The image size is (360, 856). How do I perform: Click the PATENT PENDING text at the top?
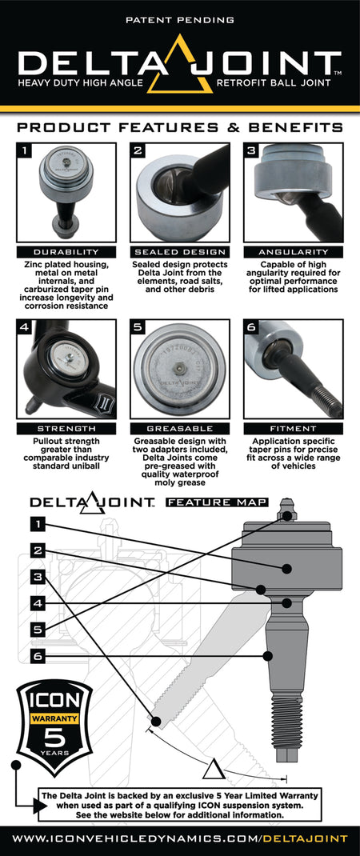(180, 18)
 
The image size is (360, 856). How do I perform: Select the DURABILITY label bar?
(66, 251)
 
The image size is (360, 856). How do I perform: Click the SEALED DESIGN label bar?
(180, 251)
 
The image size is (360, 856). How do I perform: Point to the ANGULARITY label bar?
(294, 251)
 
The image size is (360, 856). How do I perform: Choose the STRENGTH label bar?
(66, 429)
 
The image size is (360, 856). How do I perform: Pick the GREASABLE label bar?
(180, 429)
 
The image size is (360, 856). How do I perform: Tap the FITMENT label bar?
(294, 429)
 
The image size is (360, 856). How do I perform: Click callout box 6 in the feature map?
(38, 656)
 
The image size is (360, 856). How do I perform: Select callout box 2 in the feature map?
(38, 550)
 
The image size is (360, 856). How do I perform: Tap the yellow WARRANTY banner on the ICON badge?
(55, 718)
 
